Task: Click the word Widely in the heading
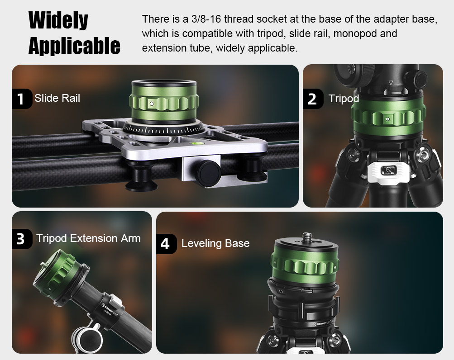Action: coord(58,20)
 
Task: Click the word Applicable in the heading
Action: coord(74,46)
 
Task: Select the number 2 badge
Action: coord(313,99)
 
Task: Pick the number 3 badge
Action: coord(21,239)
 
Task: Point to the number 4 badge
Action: coord(166,244)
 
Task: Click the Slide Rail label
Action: coord(57,98)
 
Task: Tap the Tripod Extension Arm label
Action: coord(88,238)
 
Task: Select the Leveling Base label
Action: coord(215,243)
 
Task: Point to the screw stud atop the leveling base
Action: coord(306,237)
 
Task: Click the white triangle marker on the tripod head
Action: coord(391,83)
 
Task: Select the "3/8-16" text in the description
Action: coord(206,19)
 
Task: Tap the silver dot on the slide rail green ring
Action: coord(152,104)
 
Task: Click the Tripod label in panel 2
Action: coord(344,99)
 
